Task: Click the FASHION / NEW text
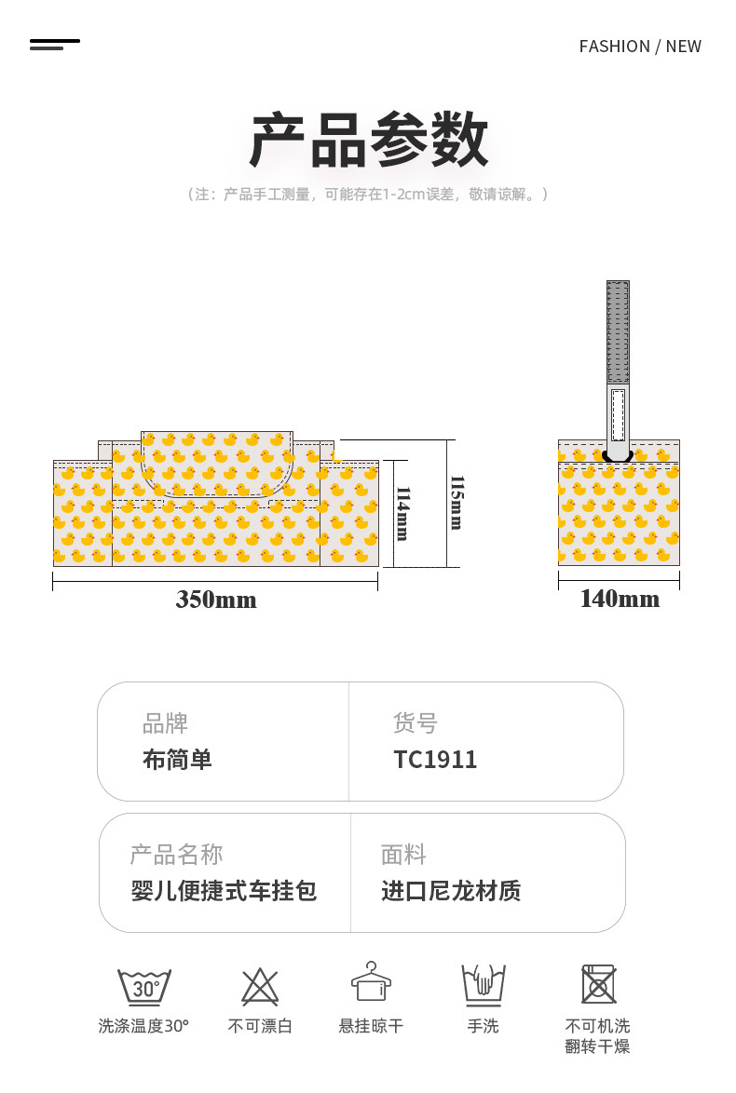pos(640,47)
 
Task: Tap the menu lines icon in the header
pos(54,45)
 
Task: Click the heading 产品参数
pos(368,140)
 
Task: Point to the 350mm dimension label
pos(215,600)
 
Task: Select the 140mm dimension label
pos(620,599)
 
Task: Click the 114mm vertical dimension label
pos(403,514)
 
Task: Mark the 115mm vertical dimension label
pos(457,503)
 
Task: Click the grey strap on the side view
pos(618,368)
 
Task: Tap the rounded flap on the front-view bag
pos(217,464)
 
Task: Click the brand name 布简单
pos(177,759)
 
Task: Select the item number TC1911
pos(435,759)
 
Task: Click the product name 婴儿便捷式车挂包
pos(224,890)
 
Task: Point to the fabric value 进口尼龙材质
pos(451,890)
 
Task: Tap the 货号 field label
pos(416,722)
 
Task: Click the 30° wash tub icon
pos(143,986)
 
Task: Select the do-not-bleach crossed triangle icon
pos(260,986)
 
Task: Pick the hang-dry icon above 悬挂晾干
pos(371,981)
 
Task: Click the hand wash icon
pos(484,985)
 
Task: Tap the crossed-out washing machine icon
pos(598,984)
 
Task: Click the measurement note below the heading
pos(368,195)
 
